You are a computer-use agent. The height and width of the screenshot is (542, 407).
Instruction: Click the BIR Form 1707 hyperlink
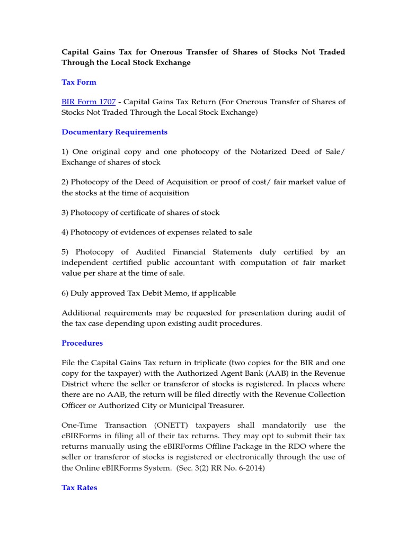pyautogui.click(x=89, y=102)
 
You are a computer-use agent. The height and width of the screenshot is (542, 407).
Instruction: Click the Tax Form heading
pyautogui.click(x=79, y=82)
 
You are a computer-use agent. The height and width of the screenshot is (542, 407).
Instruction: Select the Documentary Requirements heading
pyautogui.click(x=114, y=132)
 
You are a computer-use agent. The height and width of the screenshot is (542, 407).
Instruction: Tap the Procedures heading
pyautogui.click(x=82, y=343)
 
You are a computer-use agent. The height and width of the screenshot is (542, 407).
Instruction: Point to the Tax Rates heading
pyautogui.click(x=79, y=487)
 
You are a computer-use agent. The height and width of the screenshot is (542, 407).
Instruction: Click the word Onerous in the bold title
pyautogui.click(x=171, y=52)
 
